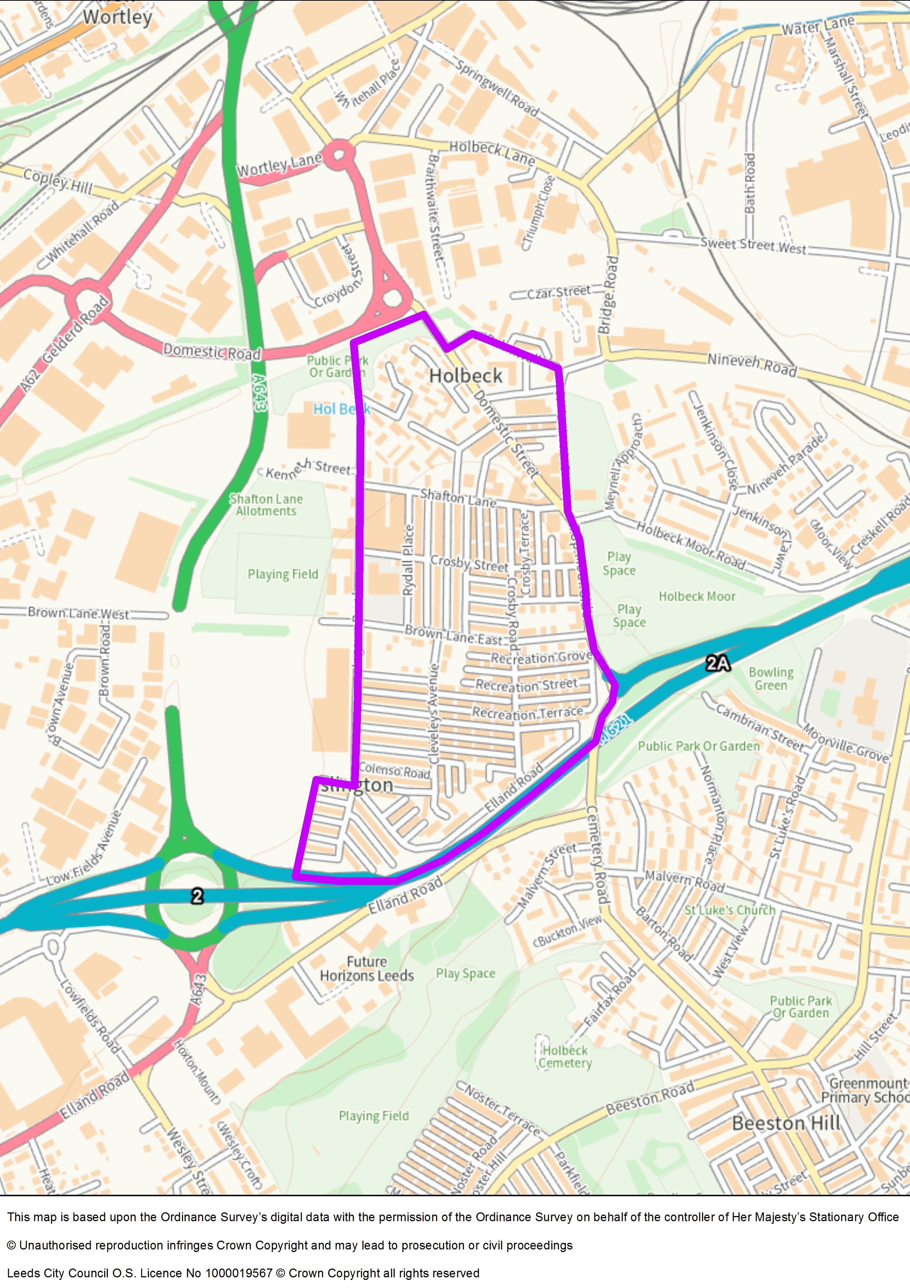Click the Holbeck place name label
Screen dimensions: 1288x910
(x=465, y=376)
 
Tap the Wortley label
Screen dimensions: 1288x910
(x=118, y=17)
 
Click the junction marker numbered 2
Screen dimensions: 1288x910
(x=197, y=896)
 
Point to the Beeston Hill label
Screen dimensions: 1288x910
(x=786, y=1124)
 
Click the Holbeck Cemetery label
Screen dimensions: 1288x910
(x=564, y=1057)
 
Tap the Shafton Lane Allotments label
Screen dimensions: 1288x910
(x=266, y=505)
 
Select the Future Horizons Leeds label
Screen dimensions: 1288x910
(x=367, y=969)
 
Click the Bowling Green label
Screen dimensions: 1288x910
(x=771, y=679)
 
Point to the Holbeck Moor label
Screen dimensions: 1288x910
(x=697, y=596)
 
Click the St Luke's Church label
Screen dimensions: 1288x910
(x=730, y=910)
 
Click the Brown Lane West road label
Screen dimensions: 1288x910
(x=78, y=614)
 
